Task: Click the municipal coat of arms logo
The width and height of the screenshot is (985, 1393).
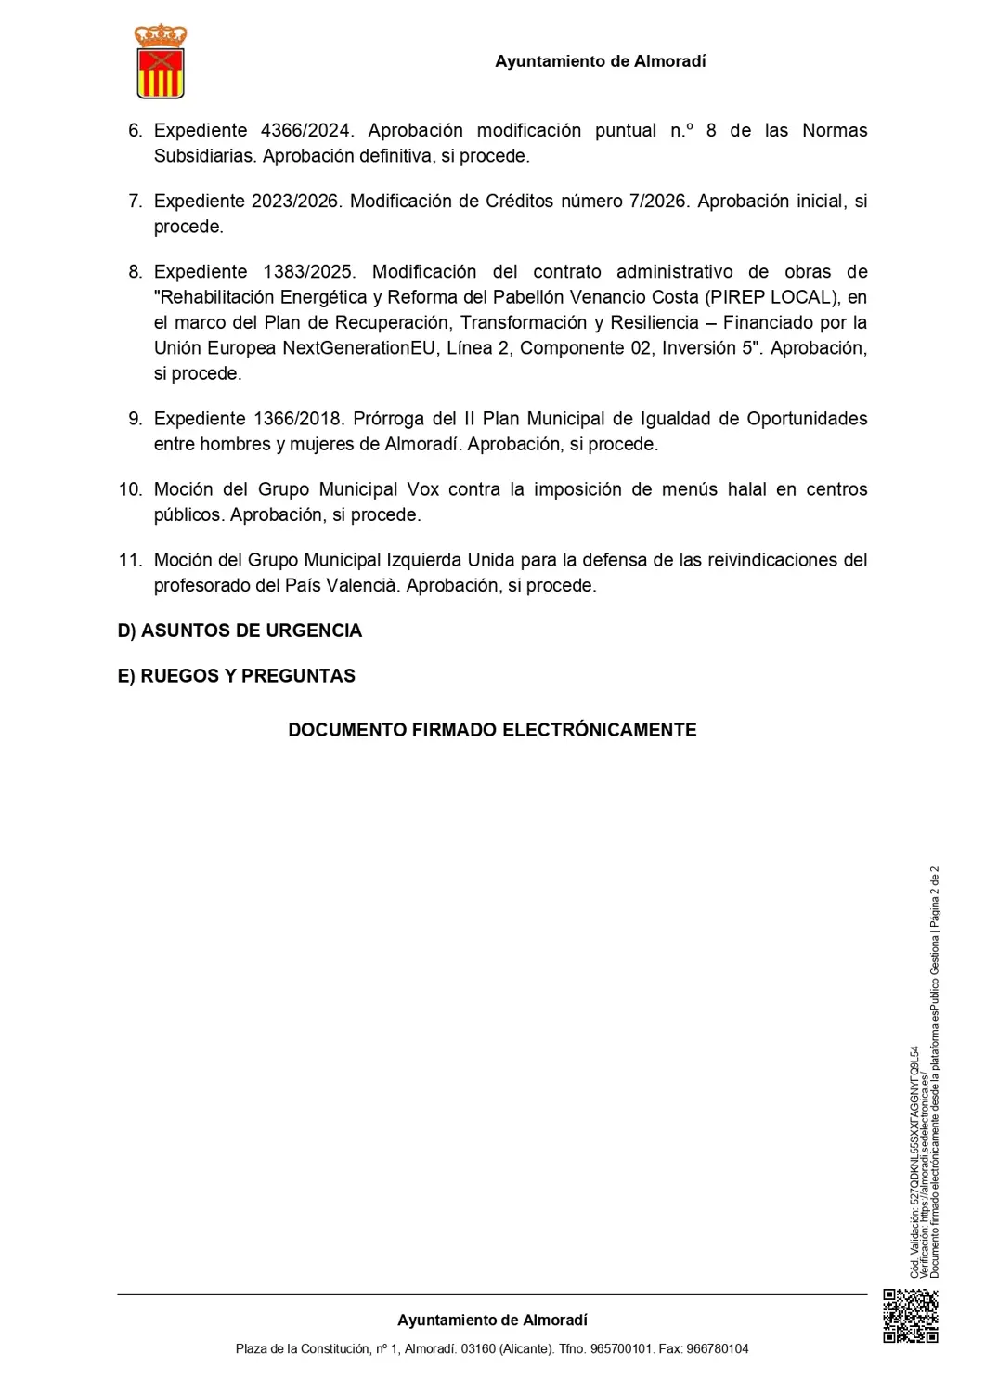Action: [x=161, y=62]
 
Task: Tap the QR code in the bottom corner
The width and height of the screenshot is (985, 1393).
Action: [x=910, y=1316]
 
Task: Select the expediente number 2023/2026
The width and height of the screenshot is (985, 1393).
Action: [x=294, y=202]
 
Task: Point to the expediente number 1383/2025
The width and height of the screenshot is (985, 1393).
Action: [x=309, y=272]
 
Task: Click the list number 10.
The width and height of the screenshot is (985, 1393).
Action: [x=130, y=489]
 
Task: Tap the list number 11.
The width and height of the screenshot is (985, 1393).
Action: [x=130, y=560]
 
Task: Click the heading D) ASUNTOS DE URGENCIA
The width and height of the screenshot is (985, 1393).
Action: [x=240, y=631]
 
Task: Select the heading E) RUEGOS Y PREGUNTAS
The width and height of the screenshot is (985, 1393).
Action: [x=236, y=676]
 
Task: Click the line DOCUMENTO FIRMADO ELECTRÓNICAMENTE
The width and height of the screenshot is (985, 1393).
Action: [x=492, y=730]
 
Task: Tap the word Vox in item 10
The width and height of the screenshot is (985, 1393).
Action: [x=423, y=489]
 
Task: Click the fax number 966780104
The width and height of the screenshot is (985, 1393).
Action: [x=717, y=1348]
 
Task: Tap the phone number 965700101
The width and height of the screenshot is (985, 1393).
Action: [x=622, y=1348]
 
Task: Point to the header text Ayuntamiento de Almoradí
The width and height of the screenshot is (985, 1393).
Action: [x=600, y=61]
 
